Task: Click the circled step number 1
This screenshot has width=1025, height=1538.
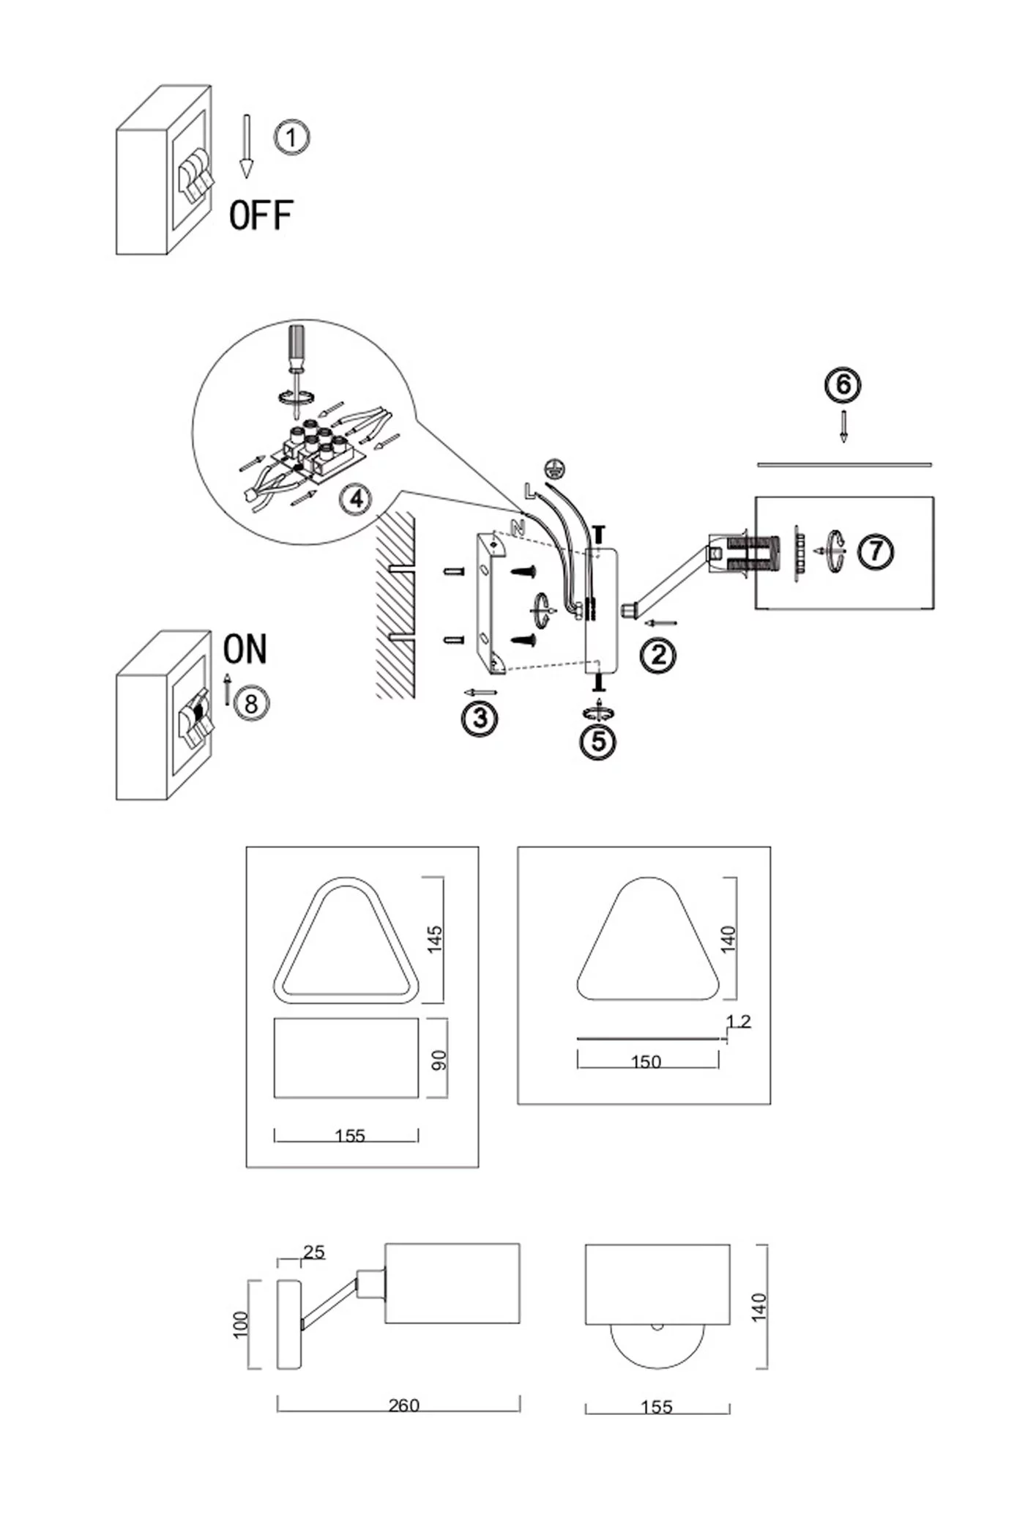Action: coord(291,138)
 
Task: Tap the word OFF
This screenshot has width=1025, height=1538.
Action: coord(261,215)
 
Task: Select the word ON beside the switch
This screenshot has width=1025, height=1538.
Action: coord(245,649)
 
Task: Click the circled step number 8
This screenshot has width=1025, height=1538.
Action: coord(251,704)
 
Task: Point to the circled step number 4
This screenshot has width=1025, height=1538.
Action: coord(357,499)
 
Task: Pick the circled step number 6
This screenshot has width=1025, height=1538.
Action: coord(843,385)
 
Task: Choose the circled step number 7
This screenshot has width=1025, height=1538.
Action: coord(876,551)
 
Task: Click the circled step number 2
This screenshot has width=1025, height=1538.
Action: coord(658,655)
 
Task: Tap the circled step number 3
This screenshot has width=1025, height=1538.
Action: coord(480,718)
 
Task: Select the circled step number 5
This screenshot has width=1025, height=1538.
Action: coord(598,742)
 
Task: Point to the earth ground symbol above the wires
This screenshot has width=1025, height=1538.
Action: coord(555,467)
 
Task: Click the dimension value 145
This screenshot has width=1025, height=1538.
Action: coord(435,940)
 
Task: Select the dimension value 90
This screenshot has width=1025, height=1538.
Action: coord(439,1060)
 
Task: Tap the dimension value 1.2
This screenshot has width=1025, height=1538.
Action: coord(738,1021)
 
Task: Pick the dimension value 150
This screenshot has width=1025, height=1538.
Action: coord(646,1061)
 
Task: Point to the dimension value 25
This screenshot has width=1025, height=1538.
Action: coord(313,1252)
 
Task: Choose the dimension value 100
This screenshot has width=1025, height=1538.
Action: coord(240,1325)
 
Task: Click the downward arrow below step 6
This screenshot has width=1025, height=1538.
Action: coord(843,426)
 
